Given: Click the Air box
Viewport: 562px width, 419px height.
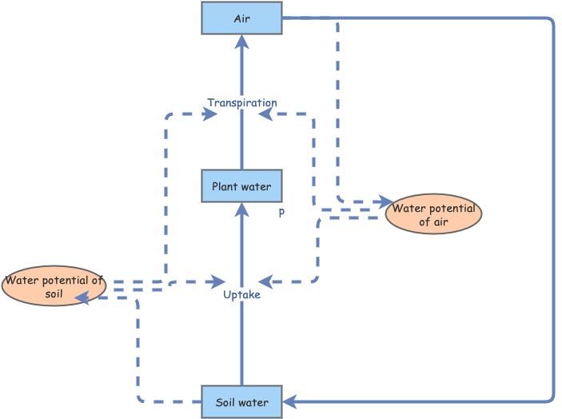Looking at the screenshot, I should point(241,18).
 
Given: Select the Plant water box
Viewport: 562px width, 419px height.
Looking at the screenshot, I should point(241,187).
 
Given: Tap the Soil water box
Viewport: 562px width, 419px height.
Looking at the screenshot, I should point(241,401).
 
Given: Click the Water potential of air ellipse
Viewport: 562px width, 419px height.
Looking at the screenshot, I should point(434,214).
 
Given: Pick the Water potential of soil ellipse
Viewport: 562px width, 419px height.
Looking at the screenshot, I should point(54,286).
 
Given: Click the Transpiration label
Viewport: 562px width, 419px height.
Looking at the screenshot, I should point(241,103).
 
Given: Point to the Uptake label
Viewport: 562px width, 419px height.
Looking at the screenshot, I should point(241,295).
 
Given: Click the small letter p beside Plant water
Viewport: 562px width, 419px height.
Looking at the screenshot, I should point(281,213).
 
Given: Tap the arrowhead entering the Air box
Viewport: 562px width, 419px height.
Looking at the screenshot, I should point(241,42).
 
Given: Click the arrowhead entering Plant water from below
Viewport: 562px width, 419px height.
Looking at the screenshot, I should point(241,210).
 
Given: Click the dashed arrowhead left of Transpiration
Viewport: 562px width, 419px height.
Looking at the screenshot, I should point(212,114).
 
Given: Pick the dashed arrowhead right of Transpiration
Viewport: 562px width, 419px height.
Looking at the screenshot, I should point(264,114).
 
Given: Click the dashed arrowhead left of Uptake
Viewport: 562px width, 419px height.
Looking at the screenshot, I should point(218,281).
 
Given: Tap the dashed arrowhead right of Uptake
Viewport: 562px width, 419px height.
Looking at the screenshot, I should point(265,281).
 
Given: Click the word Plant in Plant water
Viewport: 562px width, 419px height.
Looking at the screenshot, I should point(226,187).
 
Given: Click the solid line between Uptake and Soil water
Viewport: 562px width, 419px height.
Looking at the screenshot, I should point(241,344).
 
